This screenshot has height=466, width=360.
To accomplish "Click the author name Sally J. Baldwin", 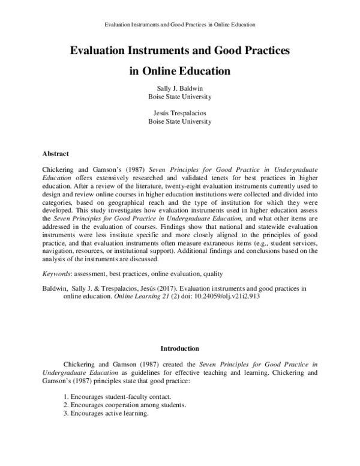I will [180, 88].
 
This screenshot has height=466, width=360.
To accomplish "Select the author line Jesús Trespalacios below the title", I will [180, 112].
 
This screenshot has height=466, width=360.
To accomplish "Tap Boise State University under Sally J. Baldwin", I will [180, 96].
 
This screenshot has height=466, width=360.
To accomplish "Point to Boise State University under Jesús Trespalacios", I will [180, 121].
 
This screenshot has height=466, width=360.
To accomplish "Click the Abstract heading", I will [55, 153].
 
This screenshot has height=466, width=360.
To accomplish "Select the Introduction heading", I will [180, 348].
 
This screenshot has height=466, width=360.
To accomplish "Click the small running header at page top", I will [180, 25].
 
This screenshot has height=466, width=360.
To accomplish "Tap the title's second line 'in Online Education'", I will [180, 70].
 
